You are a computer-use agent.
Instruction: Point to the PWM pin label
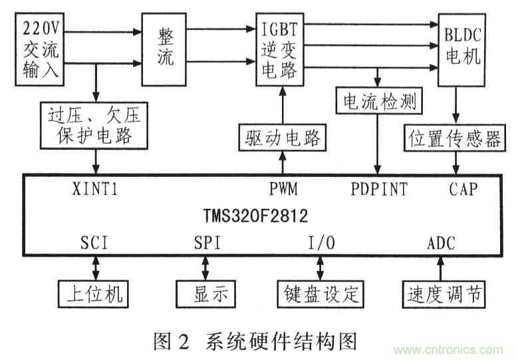(283, 189)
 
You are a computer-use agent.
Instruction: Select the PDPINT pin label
(379, 189)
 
